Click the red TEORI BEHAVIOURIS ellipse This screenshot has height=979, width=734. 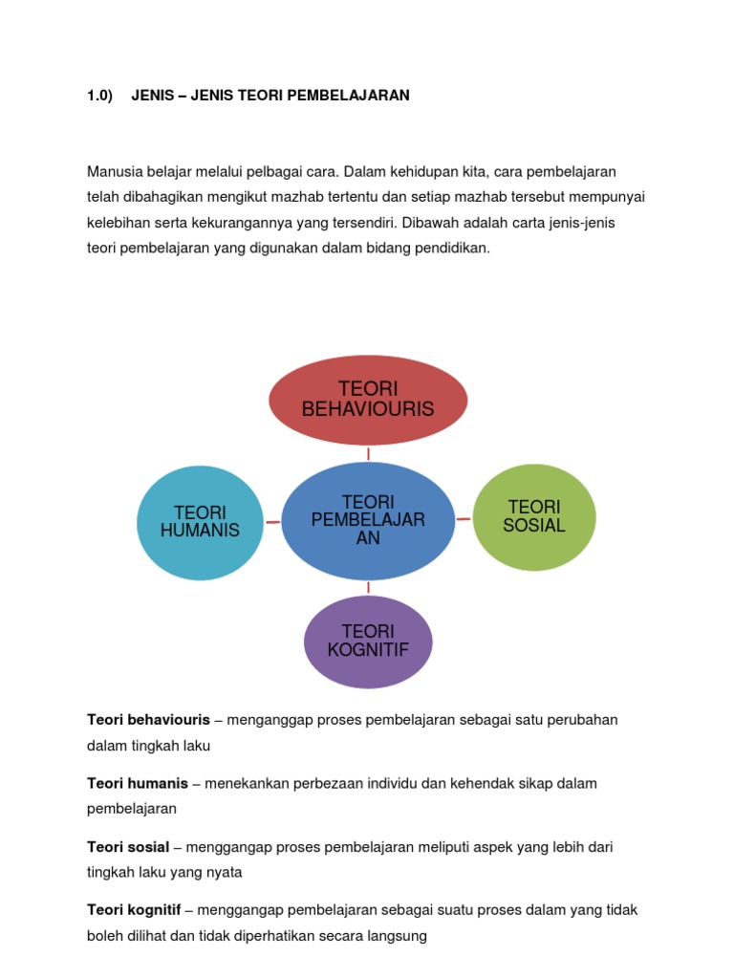coord(368,400)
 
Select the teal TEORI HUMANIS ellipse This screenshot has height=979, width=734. coord(200,521)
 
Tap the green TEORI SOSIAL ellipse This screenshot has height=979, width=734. coord(535,516)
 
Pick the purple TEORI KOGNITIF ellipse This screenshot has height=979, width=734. coord(368,641)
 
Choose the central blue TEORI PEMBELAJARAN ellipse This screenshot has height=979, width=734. coord(368,521)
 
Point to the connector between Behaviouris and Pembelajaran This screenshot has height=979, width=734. coord(368,454)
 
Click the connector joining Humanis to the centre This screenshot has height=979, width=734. coord(271,522)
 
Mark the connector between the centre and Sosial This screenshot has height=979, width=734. coord(464,518)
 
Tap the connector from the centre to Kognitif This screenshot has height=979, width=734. coord(368,588)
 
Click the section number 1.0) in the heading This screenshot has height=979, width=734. coord(100,96)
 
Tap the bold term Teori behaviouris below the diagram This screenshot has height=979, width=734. coord(148,720)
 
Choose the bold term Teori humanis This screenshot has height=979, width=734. coord(138,783)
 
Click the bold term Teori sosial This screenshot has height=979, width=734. coord(128,847)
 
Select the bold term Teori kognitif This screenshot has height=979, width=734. coord(134,910)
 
